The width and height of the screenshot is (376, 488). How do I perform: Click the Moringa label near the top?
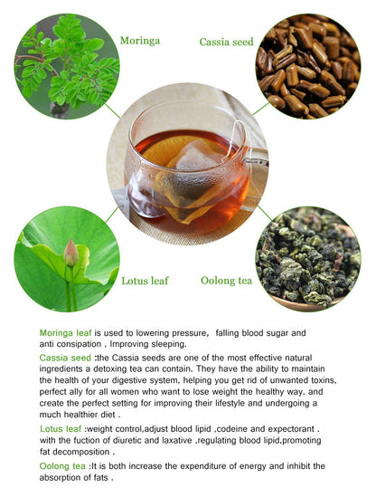tap(141, 41)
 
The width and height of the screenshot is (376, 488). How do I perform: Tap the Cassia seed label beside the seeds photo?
tap(225, 41)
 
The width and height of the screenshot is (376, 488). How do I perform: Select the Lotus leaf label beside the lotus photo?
tap(145, 281)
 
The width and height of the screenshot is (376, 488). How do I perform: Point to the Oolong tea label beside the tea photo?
tap(226, 281)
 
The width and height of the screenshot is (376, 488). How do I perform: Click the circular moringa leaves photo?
tap(66, 66)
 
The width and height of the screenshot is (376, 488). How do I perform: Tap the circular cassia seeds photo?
tap(307, 66)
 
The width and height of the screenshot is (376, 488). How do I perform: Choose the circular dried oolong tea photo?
tap(307, 258)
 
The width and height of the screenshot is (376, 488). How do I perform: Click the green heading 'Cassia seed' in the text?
tap(65, 358)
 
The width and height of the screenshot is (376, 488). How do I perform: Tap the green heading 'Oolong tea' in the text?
tap(63, 465)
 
